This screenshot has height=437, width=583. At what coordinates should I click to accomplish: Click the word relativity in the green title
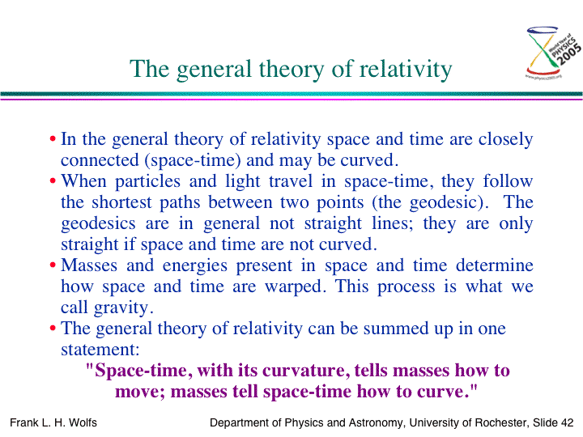[x=406, y=69]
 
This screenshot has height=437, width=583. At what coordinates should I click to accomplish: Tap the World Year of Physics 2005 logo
[x=553, y=52]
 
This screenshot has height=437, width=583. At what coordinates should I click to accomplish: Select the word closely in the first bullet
[x=505, y=140]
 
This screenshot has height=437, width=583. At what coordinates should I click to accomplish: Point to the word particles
[x=147, y=182]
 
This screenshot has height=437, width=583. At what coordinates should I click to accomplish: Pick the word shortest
[x=121, y=202]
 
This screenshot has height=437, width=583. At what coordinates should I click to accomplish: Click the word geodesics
[x=98, y=224]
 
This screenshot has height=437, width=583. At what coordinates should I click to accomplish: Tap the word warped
[x=296, y=287]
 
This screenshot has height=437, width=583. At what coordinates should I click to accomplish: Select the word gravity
[x=123, y=308]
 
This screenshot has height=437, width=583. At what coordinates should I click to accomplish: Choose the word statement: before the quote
[x=100, y=350]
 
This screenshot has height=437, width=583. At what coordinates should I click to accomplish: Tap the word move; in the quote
[x=140, y=392]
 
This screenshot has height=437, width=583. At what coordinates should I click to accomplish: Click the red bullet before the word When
[x=53, y=181]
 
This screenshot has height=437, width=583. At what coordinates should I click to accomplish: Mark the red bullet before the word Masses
[x=53, y=265]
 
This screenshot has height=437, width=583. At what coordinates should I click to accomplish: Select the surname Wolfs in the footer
[x=83, y=423]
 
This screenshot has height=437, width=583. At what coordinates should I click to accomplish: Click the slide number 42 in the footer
[x=568, y=423]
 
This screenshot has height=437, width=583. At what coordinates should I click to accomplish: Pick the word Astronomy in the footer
[x=377, y=423]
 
